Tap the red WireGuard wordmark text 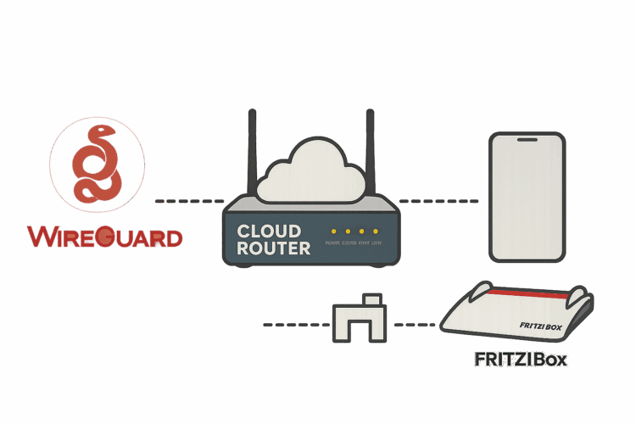tap(104, 237)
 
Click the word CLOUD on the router tap(269, 231)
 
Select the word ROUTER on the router tap(273, 248)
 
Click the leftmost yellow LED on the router tap(334, 232)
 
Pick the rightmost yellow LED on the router tap(375, 232)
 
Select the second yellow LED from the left tap(348, 232)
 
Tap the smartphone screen tap(526, 197)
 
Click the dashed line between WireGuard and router tap(189, 202)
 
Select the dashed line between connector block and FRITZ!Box tap(415, 325)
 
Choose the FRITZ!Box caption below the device tap(520, 359)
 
